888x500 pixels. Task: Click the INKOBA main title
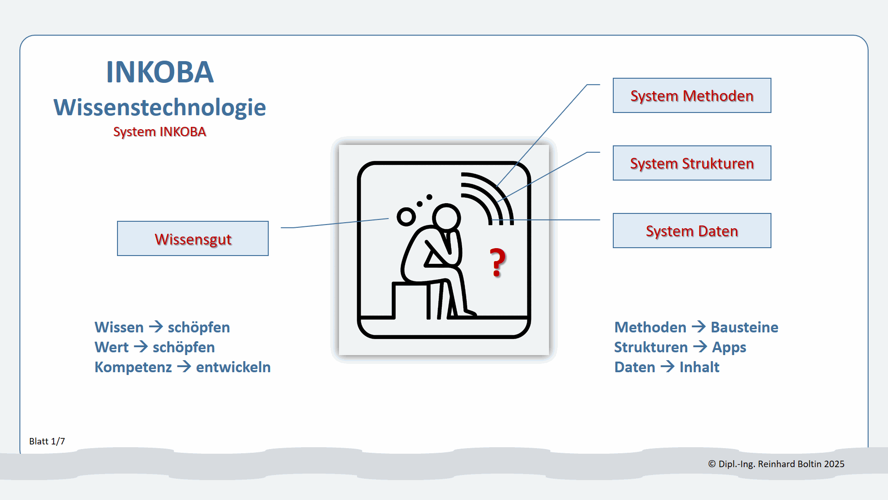tap(160, 72)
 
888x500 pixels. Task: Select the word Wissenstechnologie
tap(160, 107)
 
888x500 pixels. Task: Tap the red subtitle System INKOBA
tap(160, 132)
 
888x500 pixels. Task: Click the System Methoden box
tap(691, 95)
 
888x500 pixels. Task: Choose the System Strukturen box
tap(691, 163)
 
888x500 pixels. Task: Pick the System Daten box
tap(691, 231)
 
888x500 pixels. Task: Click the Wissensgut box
tap(193, 239)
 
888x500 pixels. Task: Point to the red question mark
tap(498, 262)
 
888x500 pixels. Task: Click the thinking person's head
tap(446, 217)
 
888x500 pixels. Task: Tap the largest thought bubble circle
tap(406, 217)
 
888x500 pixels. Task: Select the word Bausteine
tap(744, 327)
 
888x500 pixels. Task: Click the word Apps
tap(729, 347)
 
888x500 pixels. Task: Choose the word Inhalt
tap(699, 367)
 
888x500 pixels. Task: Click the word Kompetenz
tap(133, 367)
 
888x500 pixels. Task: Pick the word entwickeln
tap(233, 367)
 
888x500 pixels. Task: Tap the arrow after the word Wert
tap(141, 346)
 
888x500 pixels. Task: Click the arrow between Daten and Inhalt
tap(667, 367)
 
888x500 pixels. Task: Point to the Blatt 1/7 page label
tap(47, 441)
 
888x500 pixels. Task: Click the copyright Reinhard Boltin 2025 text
tap(776, 464)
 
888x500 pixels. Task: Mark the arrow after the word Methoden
tap(698, 327)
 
